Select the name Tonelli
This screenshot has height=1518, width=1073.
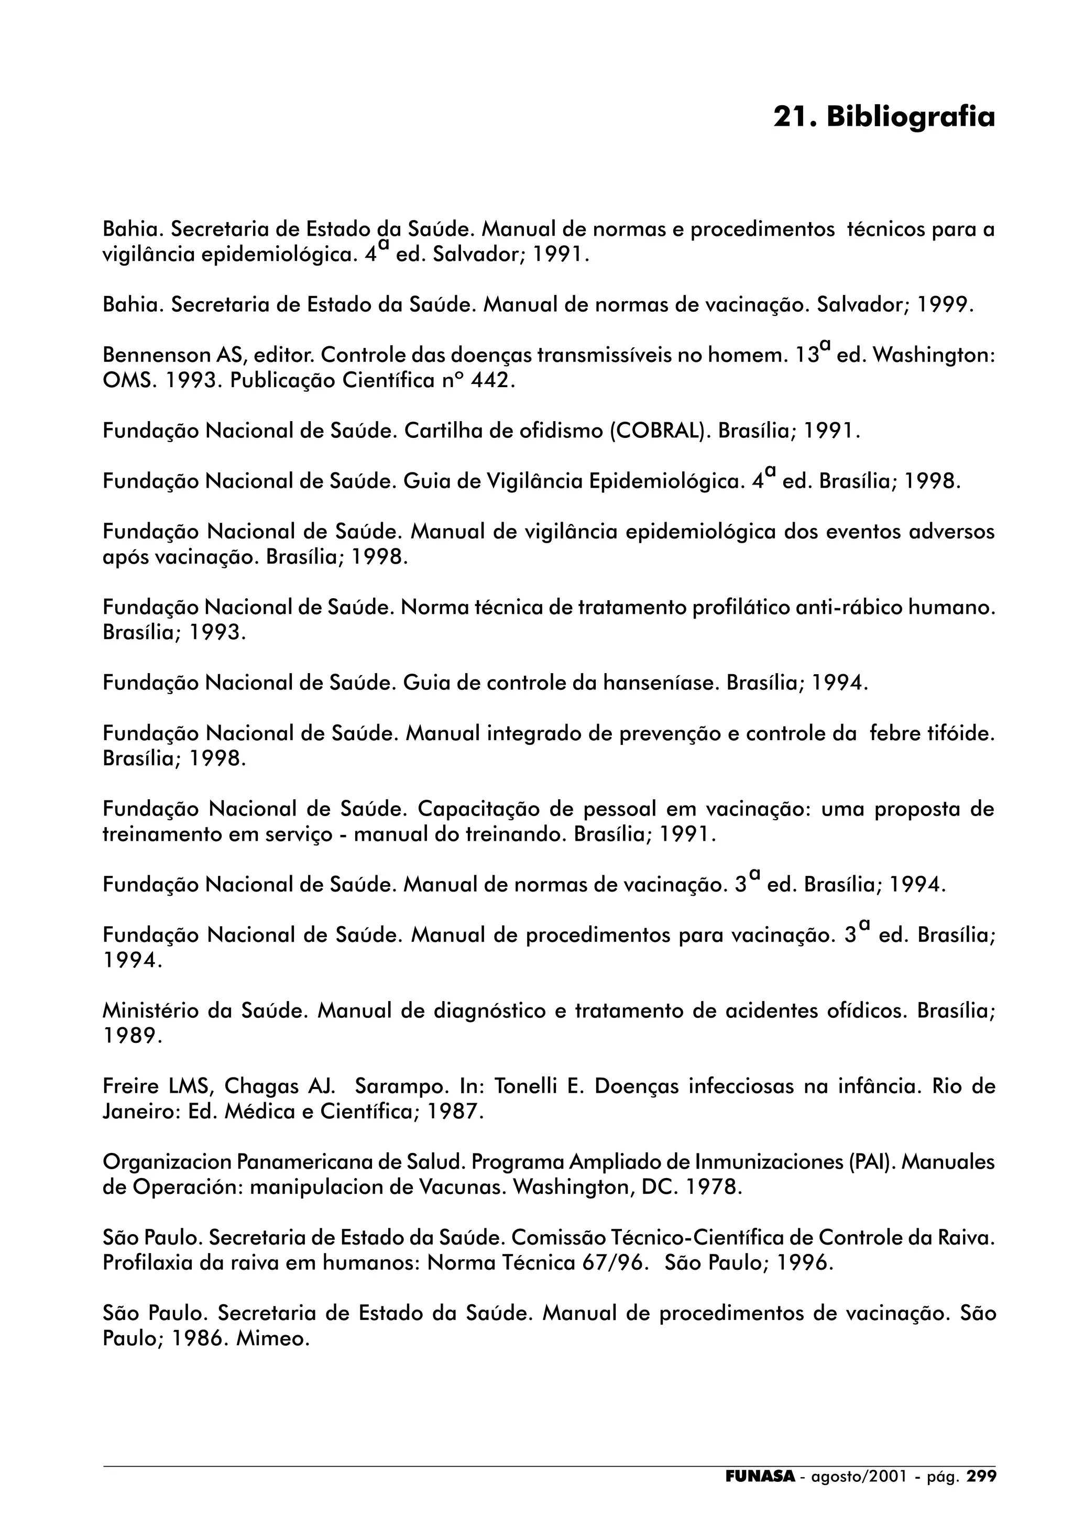(x=525, y=1086)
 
